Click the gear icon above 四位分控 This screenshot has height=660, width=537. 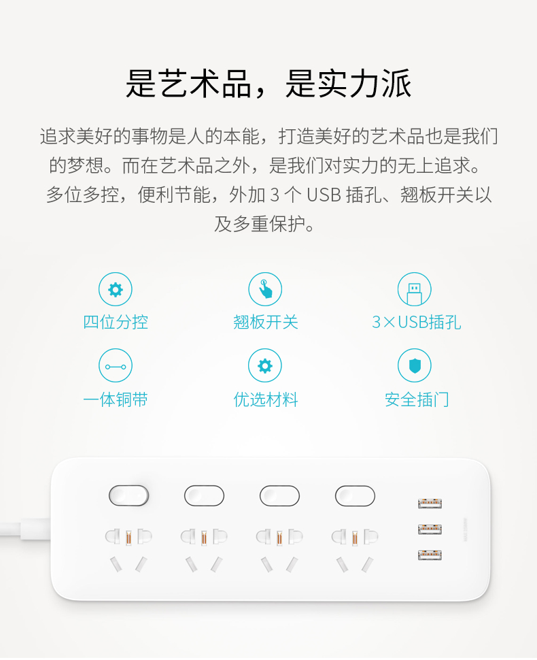116,289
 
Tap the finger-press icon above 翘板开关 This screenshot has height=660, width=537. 265,289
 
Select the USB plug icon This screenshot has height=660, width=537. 414,289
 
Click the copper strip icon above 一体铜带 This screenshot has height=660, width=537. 116,365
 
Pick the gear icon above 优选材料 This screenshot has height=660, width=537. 265,365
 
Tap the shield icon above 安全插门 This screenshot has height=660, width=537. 414,365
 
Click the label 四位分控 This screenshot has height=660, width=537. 116,323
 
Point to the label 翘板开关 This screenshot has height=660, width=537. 266,323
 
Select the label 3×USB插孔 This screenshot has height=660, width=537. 416,323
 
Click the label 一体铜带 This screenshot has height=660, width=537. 116,399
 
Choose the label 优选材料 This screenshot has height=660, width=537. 266,399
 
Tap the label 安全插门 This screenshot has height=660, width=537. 417,399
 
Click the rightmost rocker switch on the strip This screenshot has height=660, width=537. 355,496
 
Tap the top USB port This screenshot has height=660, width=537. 430,504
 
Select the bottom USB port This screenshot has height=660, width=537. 430,555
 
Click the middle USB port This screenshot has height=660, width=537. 430,529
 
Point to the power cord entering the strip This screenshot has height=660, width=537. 25,529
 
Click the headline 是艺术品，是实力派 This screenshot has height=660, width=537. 268,83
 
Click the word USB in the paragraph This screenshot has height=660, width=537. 324,195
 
